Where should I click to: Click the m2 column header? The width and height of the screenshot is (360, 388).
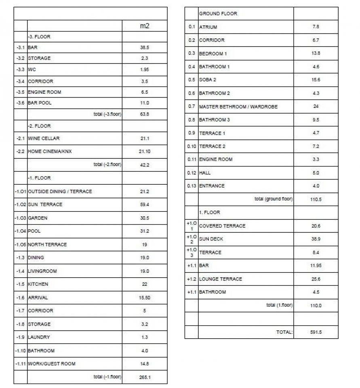point(145,26)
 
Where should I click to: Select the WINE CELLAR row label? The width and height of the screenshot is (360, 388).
point(44,139)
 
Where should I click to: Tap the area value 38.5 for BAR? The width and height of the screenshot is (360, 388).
point(145,48)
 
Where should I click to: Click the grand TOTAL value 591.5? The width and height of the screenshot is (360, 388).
point(316,332)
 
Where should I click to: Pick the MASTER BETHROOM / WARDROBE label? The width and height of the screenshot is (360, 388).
point(238,107)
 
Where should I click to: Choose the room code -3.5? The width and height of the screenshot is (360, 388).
point(20,92)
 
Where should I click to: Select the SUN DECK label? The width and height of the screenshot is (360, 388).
point(211,239)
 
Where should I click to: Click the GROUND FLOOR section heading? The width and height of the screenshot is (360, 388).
point(218,14)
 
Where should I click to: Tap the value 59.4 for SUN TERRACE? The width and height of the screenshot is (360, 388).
point(145,205)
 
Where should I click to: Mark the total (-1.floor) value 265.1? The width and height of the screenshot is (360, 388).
point(145,377)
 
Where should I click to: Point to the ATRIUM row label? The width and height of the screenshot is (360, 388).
point(208,27)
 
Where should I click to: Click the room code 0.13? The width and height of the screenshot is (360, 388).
point(192,186)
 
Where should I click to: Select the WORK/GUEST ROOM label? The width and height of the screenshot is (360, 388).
point(52,364)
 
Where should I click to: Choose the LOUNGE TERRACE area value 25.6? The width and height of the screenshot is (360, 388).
point(316,279)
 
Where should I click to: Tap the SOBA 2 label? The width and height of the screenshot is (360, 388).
point(208,80)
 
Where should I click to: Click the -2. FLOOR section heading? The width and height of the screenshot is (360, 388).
point(39,126)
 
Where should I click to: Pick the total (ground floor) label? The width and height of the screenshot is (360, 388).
point(274,199)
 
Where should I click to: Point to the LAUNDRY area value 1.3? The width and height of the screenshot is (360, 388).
point(145,337)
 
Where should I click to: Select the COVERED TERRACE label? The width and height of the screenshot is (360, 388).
point(222,226)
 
